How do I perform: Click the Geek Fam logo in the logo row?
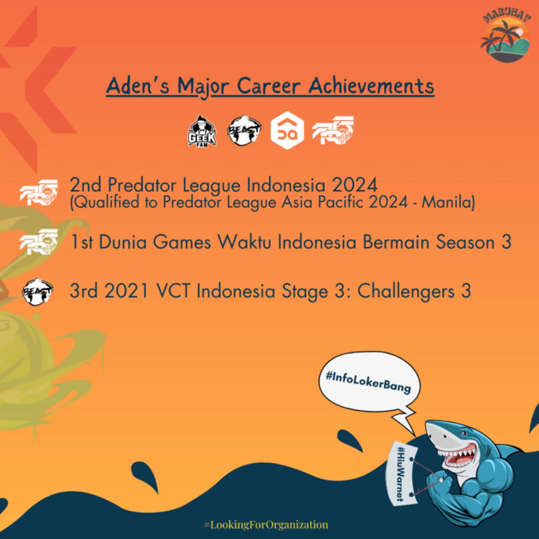click(202, 131)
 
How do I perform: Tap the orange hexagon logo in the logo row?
click(287, 131)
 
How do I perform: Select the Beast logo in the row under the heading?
click(244, 131)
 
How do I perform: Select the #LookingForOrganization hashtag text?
click(265, 524)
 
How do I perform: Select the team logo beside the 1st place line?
click(39, 243)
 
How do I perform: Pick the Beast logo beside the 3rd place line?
click(38, 292)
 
